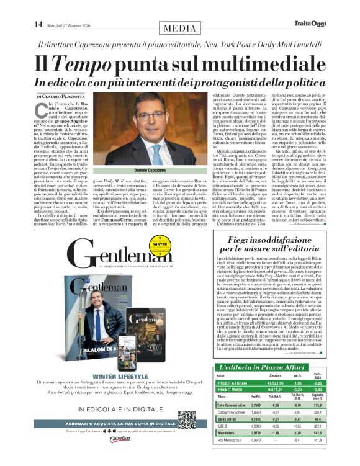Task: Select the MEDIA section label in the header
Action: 180,27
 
